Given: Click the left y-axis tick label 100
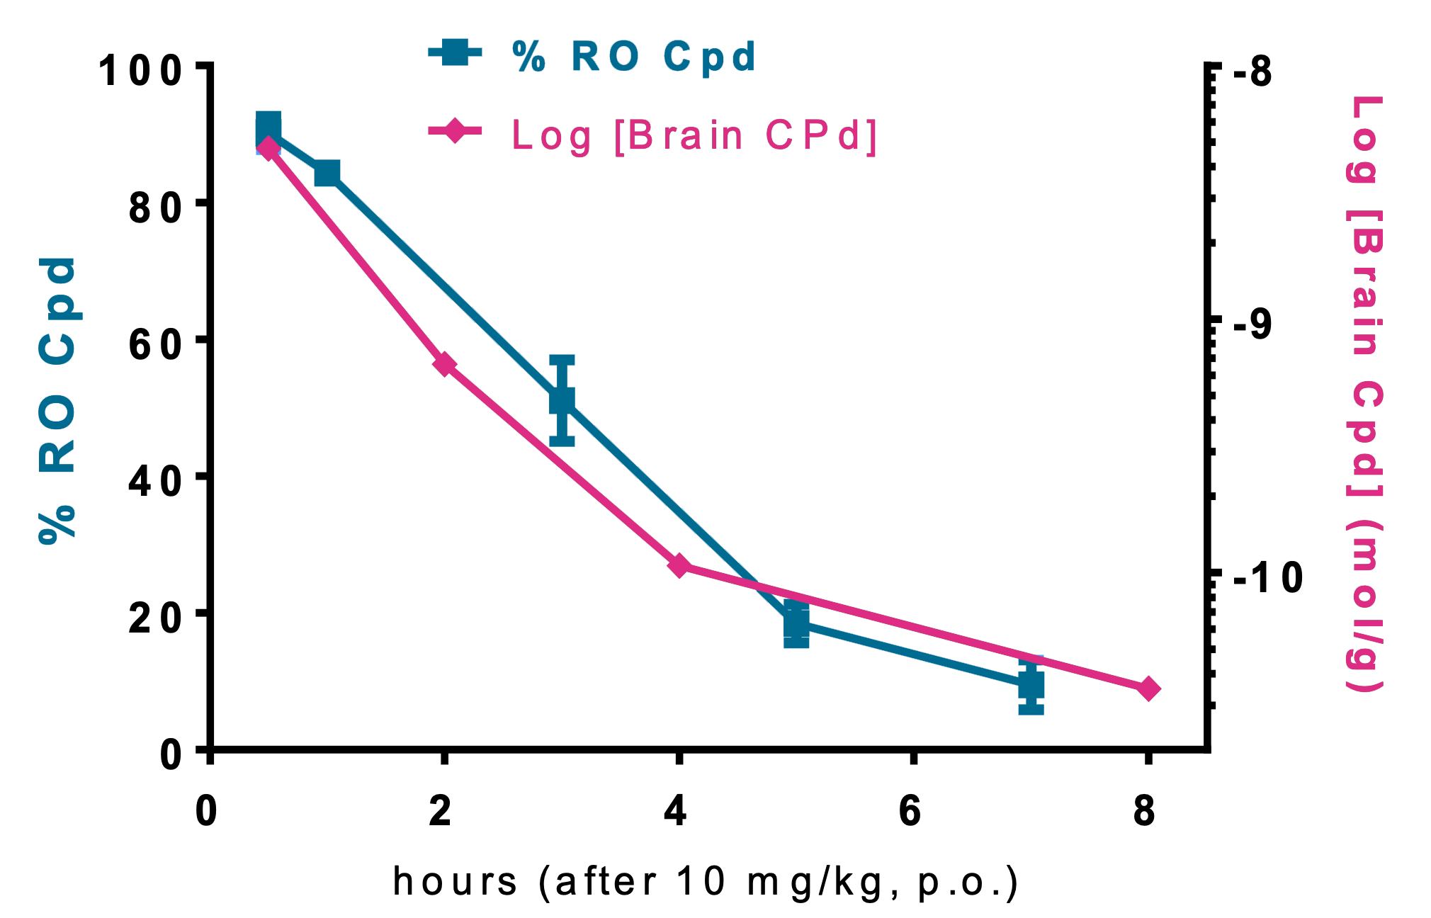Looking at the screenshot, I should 140,72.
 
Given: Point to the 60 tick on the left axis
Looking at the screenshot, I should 155,345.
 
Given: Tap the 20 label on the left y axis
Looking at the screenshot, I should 155,618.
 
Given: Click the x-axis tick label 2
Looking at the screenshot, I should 441,811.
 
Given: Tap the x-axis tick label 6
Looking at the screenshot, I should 910,811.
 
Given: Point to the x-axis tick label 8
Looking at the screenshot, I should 1145,811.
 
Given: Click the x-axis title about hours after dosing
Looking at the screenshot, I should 706,882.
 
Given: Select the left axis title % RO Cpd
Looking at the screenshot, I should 57,400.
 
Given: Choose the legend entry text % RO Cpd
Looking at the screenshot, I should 635,57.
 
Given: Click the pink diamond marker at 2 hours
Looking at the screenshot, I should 444,365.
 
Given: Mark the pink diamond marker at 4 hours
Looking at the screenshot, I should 679,565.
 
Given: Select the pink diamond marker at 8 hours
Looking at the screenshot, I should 1148,688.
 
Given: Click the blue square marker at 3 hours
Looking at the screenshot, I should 562,401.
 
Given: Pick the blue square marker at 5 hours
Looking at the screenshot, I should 796,625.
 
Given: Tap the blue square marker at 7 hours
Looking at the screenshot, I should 1031,685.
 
